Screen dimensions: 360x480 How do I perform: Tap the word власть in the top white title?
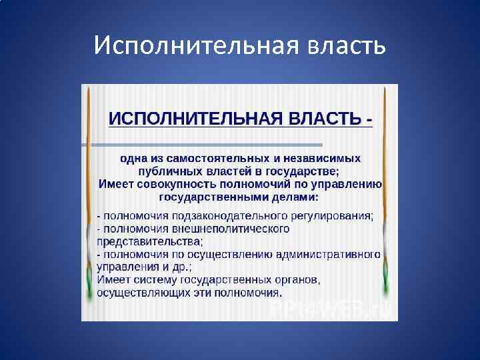(x=346, y=46)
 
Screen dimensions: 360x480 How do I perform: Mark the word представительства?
(x=151, y=241)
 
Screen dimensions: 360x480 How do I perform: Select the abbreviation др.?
(x=180, y=267)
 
